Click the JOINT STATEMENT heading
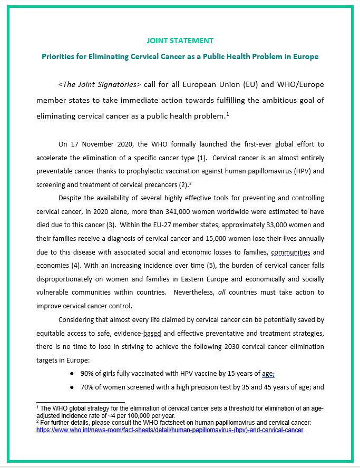180,41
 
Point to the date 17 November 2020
102,143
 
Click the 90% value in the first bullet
87,374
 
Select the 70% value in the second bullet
87,387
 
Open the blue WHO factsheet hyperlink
170,430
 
